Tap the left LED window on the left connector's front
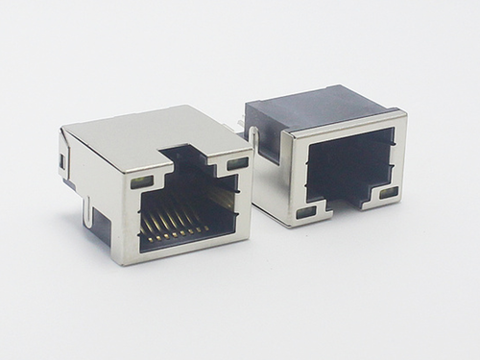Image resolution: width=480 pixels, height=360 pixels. coord(140,180)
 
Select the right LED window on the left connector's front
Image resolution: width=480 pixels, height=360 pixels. coord(237,163)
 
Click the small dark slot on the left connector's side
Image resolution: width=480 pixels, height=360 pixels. coord(64,160)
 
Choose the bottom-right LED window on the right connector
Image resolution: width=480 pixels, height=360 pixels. coord(389,193)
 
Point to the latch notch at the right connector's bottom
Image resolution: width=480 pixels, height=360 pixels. coord(348,203)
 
